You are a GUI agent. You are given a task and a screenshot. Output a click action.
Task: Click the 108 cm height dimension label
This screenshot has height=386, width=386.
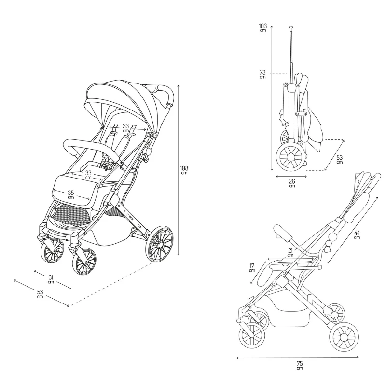(184, 170)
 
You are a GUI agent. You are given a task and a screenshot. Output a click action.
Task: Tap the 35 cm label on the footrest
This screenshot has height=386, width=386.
(70, 194)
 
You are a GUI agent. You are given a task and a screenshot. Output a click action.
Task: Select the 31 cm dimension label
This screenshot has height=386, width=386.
(51, 279)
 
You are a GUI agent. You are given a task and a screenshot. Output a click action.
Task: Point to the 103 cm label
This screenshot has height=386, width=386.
(262, 28)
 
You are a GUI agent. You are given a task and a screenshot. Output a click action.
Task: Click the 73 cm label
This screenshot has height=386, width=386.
(262, 74)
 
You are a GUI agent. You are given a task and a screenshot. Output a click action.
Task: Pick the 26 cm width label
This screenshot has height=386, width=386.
(292, 183)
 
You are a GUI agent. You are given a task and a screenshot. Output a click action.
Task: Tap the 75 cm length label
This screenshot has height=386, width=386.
(300, 365)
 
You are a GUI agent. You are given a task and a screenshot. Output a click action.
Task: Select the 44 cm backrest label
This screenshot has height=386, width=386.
(357, 234)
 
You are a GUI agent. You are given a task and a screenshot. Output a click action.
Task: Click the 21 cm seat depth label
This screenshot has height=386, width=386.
(290, 252)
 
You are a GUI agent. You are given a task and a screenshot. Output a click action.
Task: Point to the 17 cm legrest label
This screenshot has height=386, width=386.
(252, 268)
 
